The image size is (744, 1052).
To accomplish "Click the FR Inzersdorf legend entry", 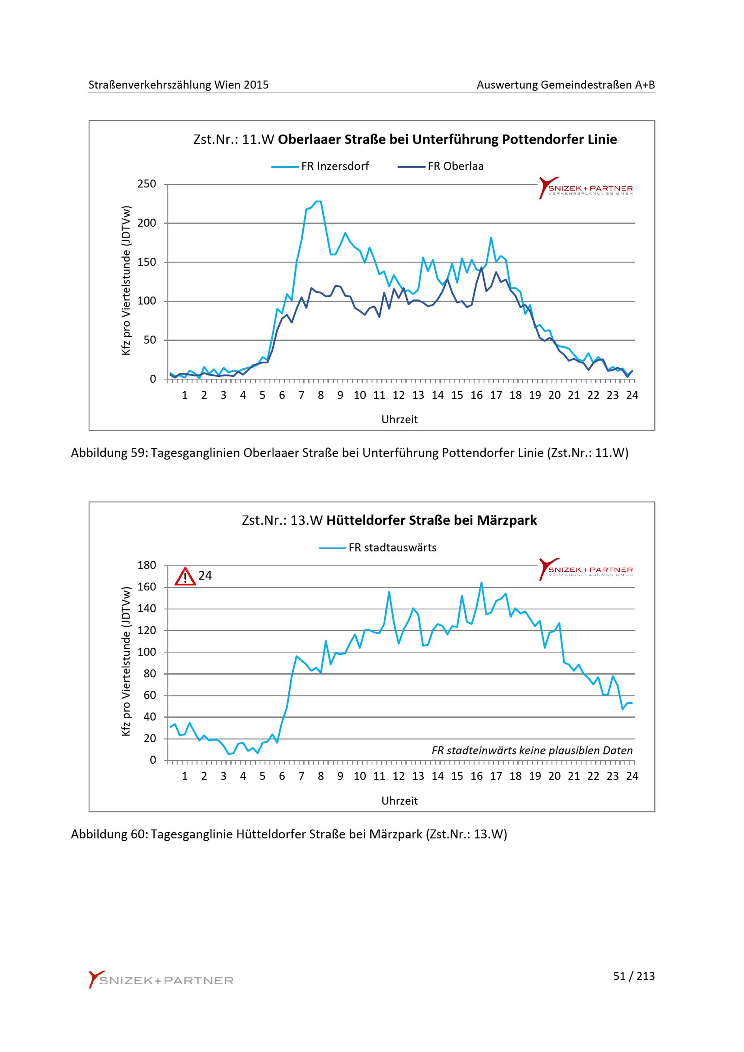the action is pyautogui.click(x=320, y=166).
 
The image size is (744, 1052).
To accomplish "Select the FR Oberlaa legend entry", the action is pyautogui.click(x=441, y=166).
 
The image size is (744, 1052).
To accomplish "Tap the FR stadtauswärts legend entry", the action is pyautogui.click(x=378, y=548).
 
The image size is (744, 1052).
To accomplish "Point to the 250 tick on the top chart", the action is pyautogui.click(x=147, y=184).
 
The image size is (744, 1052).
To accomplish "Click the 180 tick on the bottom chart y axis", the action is pyautogui.click(x=147, y=565).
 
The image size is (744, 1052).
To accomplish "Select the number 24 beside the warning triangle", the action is pyautogui.click(x=205, y=576).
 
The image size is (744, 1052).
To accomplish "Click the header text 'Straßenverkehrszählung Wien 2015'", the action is pyautogui.click(x=179, y=85).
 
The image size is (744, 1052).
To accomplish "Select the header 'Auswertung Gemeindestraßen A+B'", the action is pyautogui.click(x=566, y=85).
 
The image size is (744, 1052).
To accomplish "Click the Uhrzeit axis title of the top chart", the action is pyautogui.click(x=400, y=419).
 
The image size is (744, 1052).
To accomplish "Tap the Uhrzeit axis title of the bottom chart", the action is pyautogui.click(x=400, y=801).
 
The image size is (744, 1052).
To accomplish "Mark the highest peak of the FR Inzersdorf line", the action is pyautogui.click(x=318, y=201).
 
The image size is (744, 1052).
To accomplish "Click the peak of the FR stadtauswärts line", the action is pyautogui.click(x=481, y=583).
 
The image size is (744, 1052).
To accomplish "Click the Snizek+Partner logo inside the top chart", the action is pyautogui.click(x=586, y=188).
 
